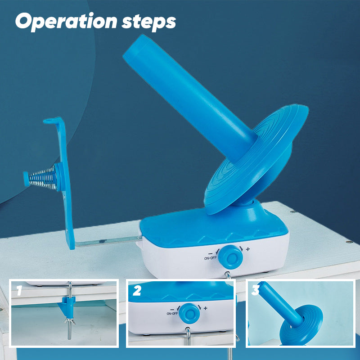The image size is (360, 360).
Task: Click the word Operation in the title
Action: [x=66, y=21]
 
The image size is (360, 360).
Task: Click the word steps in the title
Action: [x=149, y=22]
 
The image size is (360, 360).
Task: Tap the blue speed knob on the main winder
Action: [x=230, y=257]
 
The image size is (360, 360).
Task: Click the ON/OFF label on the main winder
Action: [x=210, y=258]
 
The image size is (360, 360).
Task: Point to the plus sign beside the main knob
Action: [x=248, y=249]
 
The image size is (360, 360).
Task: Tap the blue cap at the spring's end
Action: [x=26, y=179]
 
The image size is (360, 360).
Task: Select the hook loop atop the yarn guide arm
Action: [x=50, y=121]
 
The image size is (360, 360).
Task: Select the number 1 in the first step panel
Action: [x=19, y=290]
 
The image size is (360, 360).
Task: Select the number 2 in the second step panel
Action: [x=137, y=291]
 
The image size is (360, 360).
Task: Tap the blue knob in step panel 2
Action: [x=189, y=314]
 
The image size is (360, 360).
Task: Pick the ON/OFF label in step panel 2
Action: [x=172, y=313]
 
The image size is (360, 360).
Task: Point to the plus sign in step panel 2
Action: [x=206, y=308]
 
